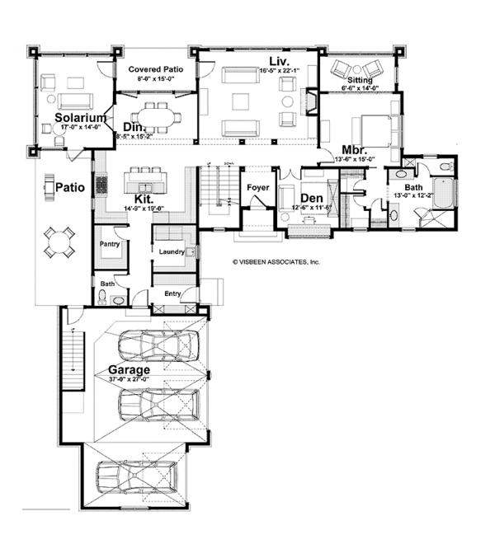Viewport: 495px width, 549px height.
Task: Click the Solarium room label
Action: click(82, 118)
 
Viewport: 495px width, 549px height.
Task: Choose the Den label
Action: click(311, 199)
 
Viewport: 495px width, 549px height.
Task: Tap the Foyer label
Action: click(259, 188)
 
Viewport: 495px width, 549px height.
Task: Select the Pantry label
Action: click(111, 245)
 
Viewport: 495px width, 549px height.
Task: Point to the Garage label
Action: click(129, 370)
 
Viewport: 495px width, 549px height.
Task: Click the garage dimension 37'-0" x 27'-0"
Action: click(129, 380)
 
